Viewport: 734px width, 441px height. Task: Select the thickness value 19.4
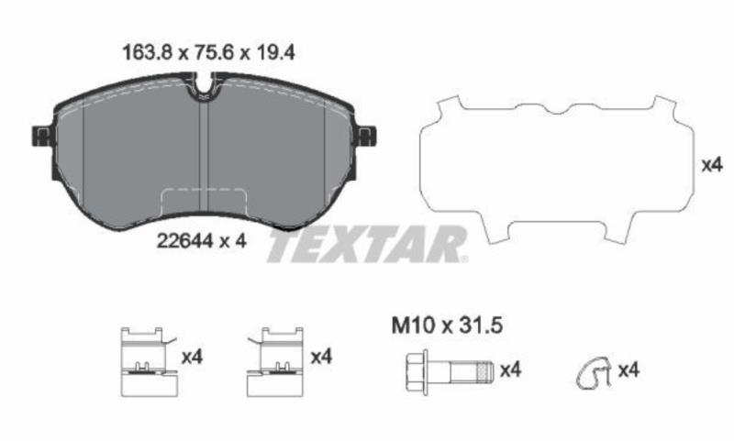(274, 53)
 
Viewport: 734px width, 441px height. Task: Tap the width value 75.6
(214, 53)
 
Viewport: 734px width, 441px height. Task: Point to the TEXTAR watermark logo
(366, 244)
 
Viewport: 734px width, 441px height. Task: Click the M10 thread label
(413, 325)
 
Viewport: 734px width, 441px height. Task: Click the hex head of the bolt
(417, 372)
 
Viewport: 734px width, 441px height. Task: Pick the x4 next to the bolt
(510, 370)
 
